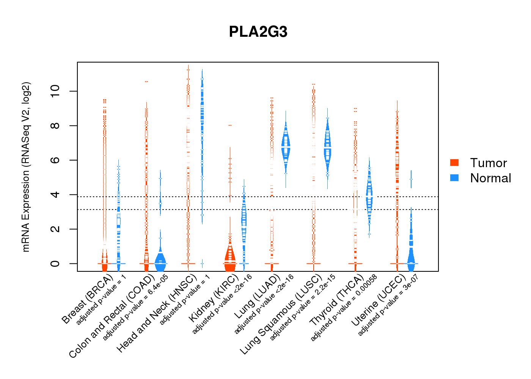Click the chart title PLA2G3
[x=258, y=32]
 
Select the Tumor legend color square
[x=454, y=163]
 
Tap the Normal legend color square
[x=454, y=178]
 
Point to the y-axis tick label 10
[x=55, y=91]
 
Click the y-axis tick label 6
[x=55, y=160]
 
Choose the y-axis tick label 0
[x=55, y=263]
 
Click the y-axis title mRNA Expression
[x=26, y=167]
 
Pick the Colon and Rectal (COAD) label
[x=112, y=316]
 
